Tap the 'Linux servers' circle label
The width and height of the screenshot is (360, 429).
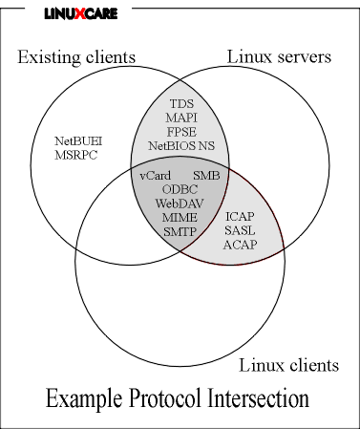279,57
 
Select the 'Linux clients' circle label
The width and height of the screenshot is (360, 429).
288,365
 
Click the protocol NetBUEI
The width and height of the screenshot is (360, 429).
78,141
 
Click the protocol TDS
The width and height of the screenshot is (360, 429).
180,103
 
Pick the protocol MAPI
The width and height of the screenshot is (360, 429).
180,118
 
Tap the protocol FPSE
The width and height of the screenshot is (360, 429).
180,132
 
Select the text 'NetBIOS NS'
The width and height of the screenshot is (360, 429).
181,146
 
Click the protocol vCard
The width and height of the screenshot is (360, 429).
155,176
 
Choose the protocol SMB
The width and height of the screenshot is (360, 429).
206,176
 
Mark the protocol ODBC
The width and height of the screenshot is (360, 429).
180,189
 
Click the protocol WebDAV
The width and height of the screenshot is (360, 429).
180,204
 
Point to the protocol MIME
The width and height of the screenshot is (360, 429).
180,218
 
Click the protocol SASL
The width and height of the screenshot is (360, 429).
240,231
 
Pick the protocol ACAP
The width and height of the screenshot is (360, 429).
240,246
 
